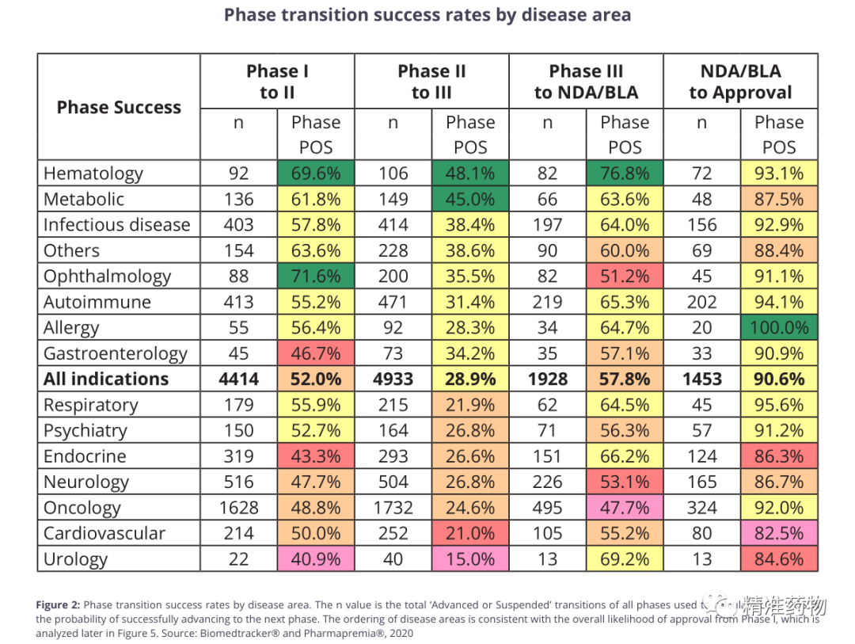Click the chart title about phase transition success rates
427,15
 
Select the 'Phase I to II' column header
277,82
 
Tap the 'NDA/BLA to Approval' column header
740,82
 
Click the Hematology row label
93,173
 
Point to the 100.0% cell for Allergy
779,328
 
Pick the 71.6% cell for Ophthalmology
316,276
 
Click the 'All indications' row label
106,379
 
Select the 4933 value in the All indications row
393,379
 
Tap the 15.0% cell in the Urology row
470,559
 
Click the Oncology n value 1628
239,508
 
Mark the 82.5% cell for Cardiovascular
779,533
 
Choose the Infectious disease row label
116,225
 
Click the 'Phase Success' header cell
119,108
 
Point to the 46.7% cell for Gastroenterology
316,353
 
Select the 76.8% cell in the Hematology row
625,173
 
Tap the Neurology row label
86,482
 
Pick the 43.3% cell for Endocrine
316,456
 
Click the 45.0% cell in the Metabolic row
470,199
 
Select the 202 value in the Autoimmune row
702,302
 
